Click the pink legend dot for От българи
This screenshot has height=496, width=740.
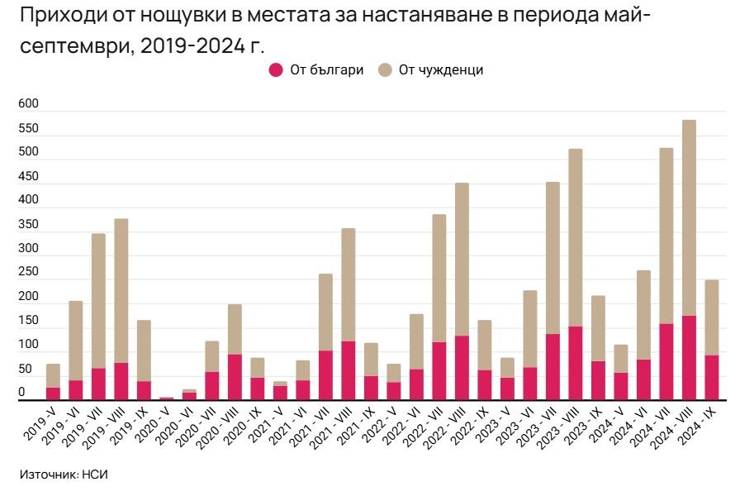276,70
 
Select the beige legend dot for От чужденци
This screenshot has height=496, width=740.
385,70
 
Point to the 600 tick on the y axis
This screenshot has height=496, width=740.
28,104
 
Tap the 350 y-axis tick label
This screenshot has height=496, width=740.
28,224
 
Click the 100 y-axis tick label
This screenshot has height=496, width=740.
28,344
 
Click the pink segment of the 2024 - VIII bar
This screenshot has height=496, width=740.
689,358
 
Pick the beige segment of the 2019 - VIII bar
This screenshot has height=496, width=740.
121,290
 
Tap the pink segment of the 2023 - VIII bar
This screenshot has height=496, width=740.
575,363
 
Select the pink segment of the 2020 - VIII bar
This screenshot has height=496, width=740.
235,377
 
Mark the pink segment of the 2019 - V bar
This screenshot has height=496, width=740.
53,393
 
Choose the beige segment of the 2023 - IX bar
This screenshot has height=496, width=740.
598,328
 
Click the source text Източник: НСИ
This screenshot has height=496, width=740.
64,475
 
